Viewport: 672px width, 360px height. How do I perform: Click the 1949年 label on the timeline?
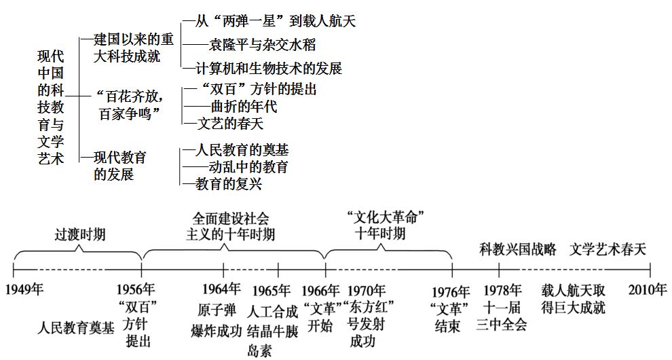tap(24, 289)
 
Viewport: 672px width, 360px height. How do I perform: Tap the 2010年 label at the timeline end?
tap(648, 289)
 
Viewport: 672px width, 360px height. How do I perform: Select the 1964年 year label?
tap(221, 289)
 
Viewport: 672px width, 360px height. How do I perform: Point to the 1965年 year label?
tap(272, 291)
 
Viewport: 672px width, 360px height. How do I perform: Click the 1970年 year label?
tap(366, 291)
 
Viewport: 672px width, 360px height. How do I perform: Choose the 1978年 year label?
tap(502, 290)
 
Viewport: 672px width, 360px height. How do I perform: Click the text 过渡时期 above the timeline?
tap(79, 234)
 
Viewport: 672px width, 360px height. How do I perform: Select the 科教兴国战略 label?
tap(518, 249)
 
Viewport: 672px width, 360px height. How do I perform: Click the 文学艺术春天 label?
tap(608, 249)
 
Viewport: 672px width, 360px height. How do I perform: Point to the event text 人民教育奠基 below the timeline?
tap(76, 328)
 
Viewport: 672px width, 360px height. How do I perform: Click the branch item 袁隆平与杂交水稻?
tap(262, 44)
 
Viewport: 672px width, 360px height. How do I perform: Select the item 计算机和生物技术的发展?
tap(269, 68)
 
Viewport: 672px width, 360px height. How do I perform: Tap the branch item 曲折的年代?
tap(244, 106)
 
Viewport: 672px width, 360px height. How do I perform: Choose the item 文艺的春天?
tap(230, 124)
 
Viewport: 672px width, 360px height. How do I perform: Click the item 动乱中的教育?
tap(248, 166)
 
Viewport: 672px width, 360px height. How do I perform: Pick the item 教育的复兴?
tap(229, 184)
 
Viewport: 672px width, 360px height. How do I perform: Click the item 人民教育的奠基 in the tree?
tap(242, 149)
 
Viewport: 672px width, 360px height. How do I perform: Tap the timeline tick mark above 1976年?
tap(452, 270)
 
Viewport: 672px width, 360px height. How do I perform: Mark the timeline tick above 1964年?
tap(223, 270)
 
